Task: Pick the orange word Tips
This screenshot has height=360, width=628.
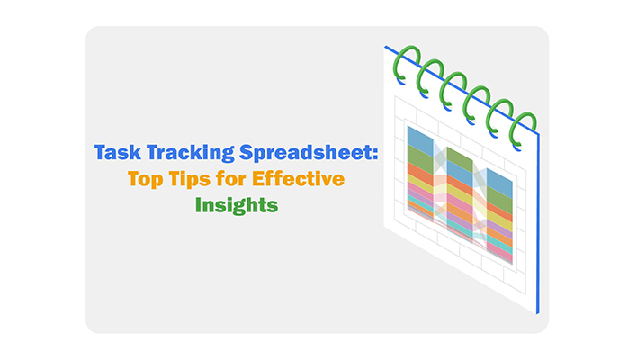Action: point(192,180)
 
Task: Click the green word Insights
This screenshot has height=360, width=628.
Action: point(237,205)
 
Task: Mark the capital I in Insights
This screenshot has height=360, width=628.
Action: point(200,204)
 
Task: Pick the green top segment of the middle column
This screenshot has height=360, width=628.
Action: point(459,160)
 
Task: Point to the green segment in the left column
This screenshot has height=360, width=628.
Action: point(419,157)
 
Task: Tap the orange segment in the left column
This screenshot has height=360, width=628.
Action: point(419,170)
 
